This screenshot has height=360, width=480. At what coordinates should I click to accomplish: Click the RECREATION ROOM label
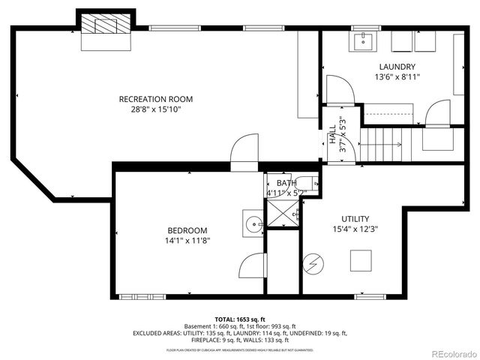156,99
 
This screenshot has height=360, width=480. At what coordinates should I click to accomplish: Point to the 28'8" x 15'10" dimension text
156,109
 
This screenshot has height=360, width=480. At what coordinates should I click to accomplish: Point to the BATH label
286,183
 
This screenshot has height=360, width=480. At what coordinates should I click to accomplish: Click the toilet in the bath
305,182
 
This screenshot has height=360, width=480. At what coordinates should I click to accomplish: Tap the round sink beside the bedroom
253,223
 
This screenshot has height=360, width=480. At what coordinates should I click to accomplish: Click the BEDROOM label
187,230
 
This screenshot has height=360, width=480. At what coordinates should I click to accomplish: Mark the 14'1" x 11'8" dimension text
187,241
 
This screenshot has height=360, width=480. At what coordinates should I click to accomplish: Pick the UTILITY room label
355,219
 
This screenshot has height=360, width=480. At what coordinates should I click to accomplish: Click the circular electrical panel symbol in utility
311,265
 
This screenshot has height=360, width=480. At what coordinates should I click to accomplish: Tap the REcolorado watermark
448,352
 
